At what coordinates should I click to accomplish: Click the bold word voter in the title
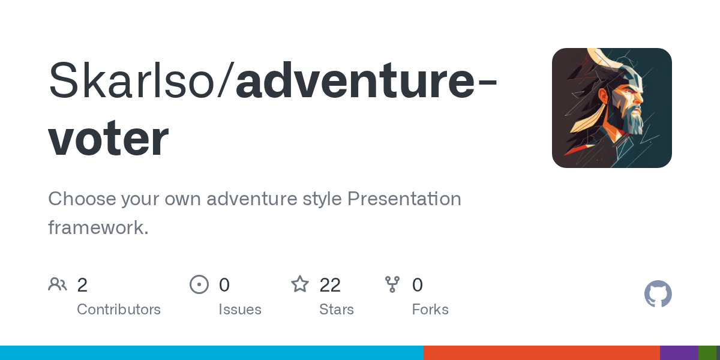pyautogui.click(x=108, y=139)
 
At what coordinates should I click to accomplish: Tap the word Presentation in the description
pyautogui.click(x=404, y=199)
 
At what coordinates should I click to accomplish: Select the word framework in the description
pyautogui.click(x=96, y=227)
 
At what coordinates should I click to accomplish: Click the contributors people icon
pyautogui.click(x=58, y=284)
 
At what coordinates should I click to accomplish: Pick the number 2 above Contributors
pyautogui.click(x=82, y=285)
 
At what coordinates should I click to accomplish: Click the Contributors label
pyautogui.click(x=119, y=310)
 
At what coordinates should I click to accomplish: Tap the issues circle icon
pyautogui.click(x=199, y=284)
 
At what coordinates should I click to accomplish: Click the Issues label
pyautogui.click(x=239, y=310)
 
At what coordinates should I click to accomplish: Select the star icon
pyautogui.click(x=299, y=284)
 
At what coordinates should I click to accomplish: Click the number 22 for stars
pyautogui.click(x=330, y=285)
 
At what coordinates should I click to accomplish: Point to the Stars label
pyautogui.click(x=337, y=310)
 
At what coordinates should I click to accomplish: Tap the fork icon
pyautogui.click(x=392, y=284)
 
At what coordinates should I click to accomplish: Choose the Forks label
pyautogui.click(x=430, y=310)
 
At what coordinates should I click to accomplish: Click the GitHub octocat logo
pyautogui.click(x=658, y=294)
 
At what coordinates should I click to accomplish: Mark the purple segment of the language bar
pyautogui.click(x=679, y=353)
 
